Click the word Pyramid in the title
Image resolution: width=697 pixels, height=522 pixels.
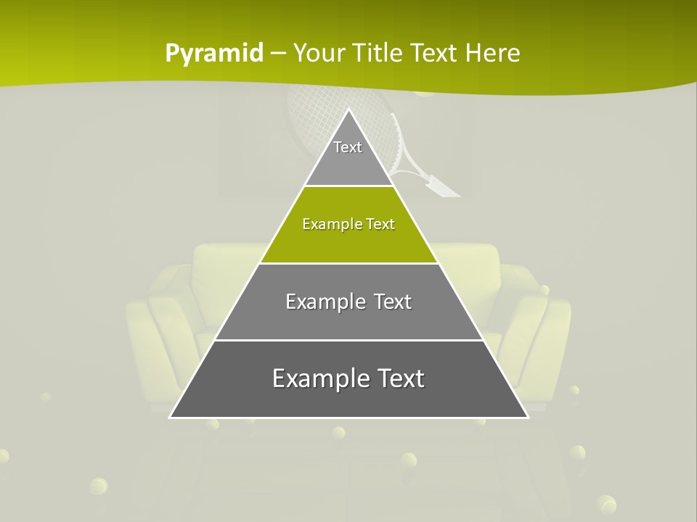click(x=214, y=54)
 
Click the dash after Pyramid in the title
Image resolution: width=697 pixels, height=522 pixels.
click(x=277, y=54)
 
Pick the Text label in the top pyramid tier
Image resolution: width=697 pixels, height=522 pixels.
click(x=348, y=147)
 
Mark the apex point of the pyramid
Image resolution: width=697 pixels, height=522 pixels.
click(x=348, y=109)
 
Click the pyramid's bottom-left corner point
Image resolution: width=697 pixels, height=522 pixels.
click(x=170, y=418)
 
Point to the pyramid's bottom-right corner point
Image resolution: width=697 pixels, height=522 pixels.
click(x=528, y=418)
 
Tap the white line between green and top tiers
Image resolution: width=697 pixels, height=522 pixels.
click(x=348, y=186)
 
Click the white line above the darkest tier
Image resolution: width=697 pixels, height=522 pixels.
click(x=348, y=340)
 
